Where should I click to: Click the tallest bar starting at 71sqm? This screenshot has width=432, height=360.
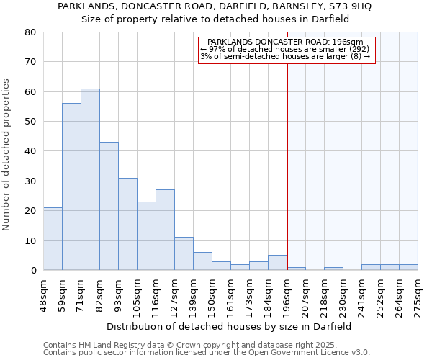tap(90, 179)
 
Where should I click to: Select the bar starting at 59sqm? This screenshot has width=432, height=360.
tap(71, 186)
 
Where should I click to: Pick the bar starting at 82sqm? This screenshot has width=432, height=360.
tap(109, 206)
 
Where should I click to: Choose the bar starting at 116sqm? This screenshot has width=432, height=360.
tap(165, 230)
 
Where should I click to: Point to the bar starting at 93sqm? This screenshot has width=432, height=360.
tap(127, 224)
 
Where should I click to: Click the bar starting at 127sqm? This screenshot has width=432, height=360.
tap(184, 253)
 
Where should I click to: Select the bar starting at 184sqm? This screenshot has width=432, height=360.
tap(277, 263)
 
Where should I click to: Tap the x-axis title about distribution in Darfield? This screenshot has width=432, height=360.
tap(228, 326)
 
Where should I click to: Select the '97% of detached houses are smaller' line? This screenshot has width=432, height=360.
tap(284, 49)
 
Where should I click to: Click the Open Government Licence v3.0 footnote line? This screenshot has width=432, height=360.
tap(207, 353)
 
